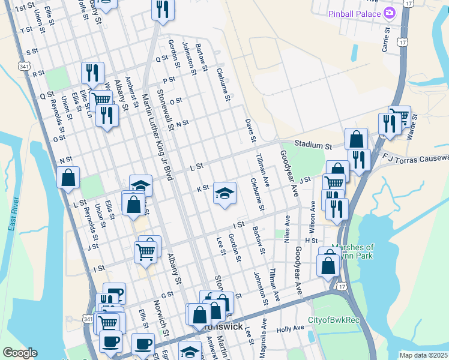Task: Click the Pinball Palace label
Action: [354, 13]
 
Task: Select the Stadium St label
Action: [312, 145]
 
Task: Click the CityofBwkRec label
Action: [333, 320]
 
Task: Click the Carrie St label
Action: [385, 38]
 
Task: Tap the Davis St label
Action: [250, 130]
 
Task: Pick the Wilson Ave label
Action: [312, 214]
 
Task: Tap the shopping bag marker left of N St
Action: [68, 178]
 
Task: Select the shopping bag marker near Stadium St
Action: [356, 139]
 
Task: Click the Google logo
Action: [20, 353]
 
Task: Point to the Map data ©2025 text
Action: [423, 355]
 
